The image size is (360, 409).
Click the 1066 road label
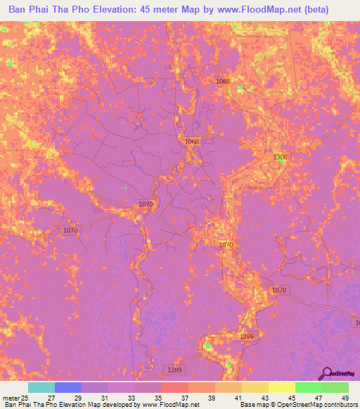[223, 82]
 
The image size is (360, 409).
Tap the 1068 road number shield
[192, 142]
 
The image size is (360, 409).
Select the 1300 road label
[280, 157]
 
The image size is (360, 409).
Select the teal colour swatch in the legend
[41, 387]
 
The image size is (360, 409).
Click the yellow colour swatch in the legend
[282, 387]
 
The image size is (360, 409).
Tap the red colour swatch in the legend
[175, 387]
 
